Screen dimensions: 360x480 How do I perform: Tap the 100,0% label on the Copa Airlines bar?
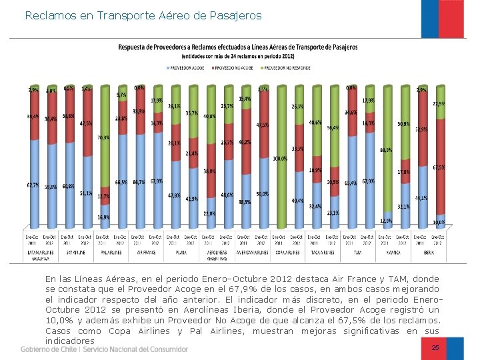click(x=281, y=159)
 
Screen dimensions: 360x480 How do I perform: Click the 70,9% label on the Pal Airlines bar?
click(x=103, y=137)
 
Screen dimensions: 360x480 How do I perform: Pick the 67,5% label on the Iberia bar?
click(x=439, y=167)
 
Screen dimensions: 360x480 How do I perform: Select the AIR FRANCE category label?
click(x=146, y=252)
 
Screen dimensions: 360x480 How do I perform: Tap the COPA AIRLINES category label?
click(x=289, y=252)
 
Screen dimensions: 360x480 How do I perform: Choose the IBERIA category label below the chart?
click(x=430, y=252)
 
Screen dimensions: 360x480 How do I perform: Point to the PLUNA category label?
click(x=181, y=252)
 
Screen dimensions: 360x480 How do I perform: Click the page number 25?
click(x=435, y=348)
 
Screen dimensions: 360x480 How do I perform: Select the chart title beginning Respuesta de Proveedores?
click(x=237, y=47)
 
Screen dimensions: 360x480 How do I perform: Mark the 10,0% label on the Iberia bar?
click(x=439, y=222)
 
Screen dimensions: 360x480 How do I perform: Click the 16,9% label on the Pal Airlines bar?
click(x=103, y=217)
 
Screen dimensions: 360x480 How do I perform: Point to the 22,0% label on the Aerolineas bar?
click(x=209, y=213)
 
